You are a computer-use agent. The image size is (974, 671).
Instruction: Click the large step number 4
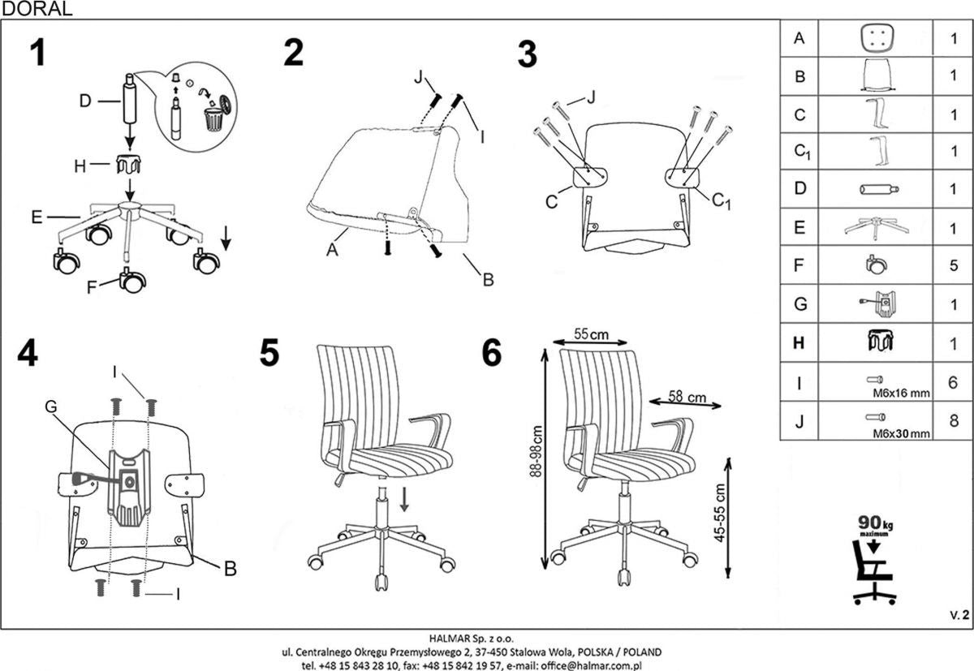pyautogui.click(x=28, y=353)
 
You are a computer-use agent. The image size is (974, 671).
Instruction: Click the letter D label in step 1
pyautogui.click(x=85, y=101)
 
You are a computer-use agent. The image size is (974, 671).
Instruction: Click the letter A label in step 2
pyautogui.click(x=331, y=251)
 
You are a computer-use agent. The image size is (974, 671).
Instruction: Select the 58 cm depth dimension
pyautogui.click(x=686, y=398)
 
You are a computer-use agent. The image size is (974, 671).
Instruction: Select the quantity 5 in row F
pyautogui.click(x=954, y=265)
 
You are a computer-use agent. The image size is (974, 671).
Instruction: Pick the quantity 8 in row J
pyautogui.click(x=954, y=420)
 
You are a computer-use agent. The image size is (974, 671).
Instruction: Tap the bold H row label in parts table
pyautogui.click(x=799, y=343)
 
